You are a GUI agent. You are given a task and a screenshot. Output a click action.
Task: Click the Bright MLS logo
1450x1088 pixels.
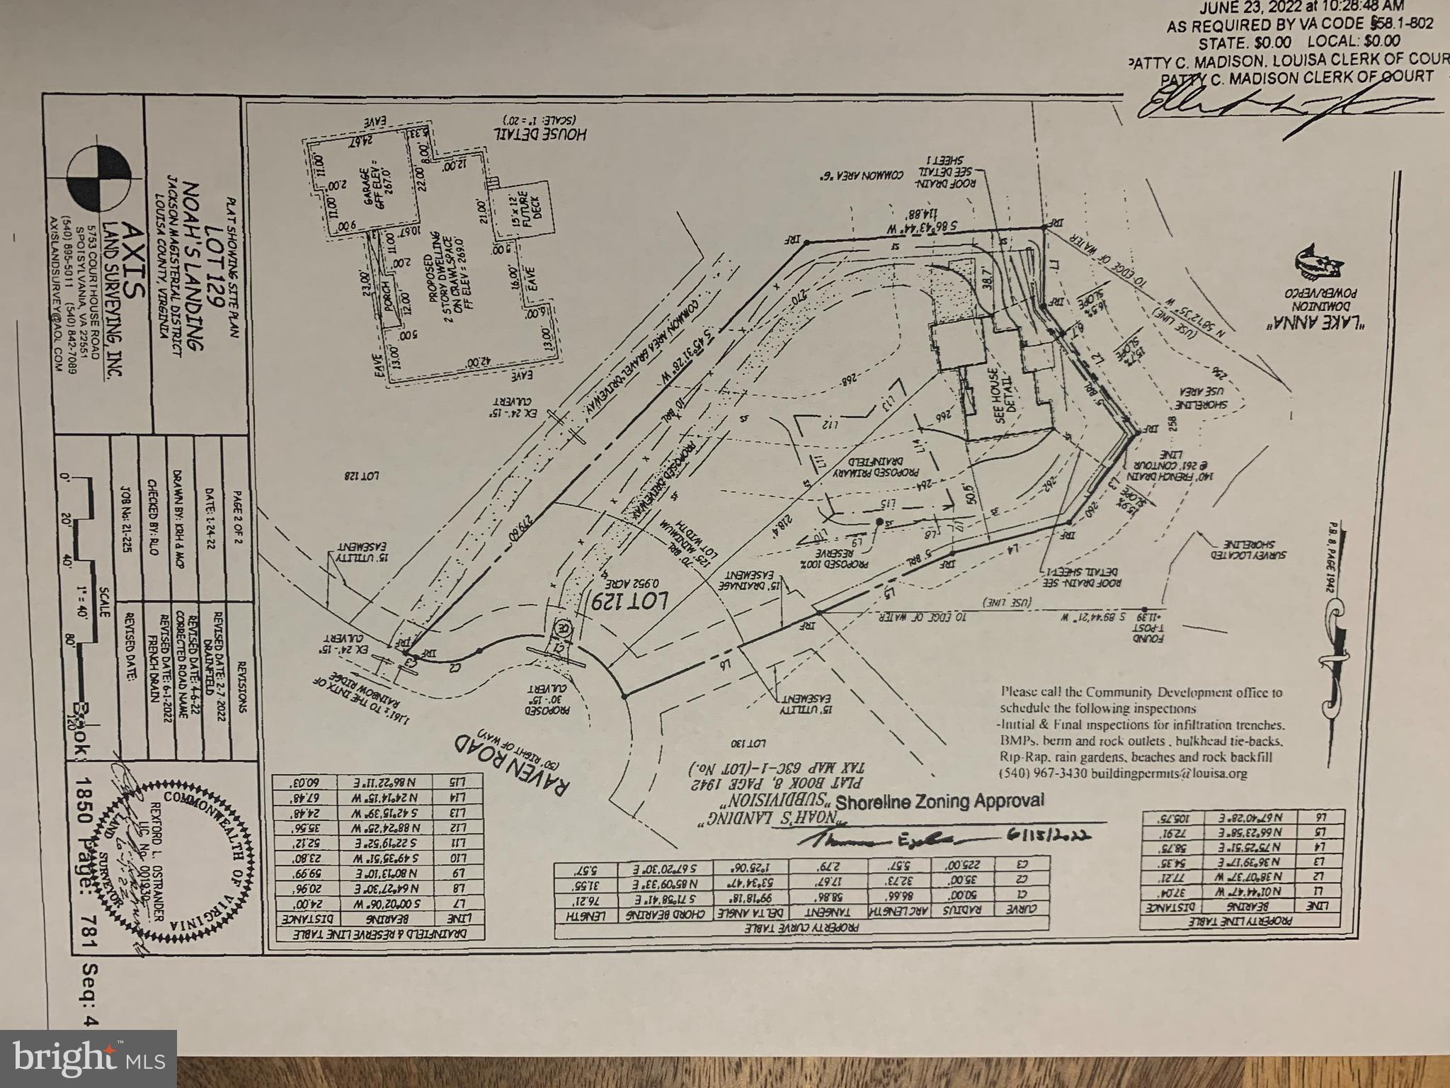[89, 1059]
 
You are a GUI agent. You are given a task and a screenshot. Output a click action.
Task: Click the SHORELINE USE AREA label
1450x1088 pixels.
[1201, 398]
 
